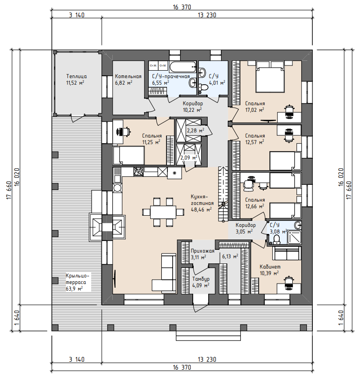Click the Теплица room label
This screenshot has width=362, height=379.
coord(77,76)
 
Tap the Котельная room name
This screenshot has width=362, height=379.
coord(128,76)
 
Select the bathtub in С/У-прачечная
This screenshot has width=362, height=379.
coord(183,67)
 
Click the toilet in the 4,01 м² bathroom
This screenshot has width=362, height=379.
coord(203,87)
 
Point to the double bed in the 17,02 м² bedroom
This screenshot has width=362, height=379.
coord(270,77)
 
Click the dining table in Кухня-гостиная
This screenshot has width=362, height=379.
coord(163,212)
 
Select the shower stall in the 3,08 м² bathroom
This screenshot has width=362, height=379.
coord(294,237)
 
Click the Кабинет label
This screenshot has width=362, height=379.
coord(270,267)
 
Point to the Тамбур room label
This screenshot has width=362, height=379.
coord(201,279)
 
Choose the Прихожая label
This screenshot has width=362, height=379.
coord(203,251)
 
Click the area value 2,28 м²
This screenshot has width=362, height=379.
coord(195,131)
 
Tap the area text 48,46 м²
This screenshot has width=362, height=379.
coord(201,210)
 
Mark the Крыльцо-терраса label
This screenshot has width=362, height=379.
coord(78,279)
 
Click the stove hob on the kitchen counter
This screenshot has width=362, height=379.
coord(138,172)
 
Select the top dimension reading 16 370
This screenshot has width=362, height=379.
coord(182,7)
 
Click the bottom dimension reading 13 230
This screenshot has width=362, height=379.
coord(207,359)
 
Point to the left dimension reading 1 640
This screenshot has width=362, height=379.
coord(17,318)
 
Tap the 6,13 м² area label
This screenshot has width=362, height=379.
coord(230,256)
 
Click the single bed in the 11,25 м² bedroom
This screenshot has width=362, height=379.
coord(129,156)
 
